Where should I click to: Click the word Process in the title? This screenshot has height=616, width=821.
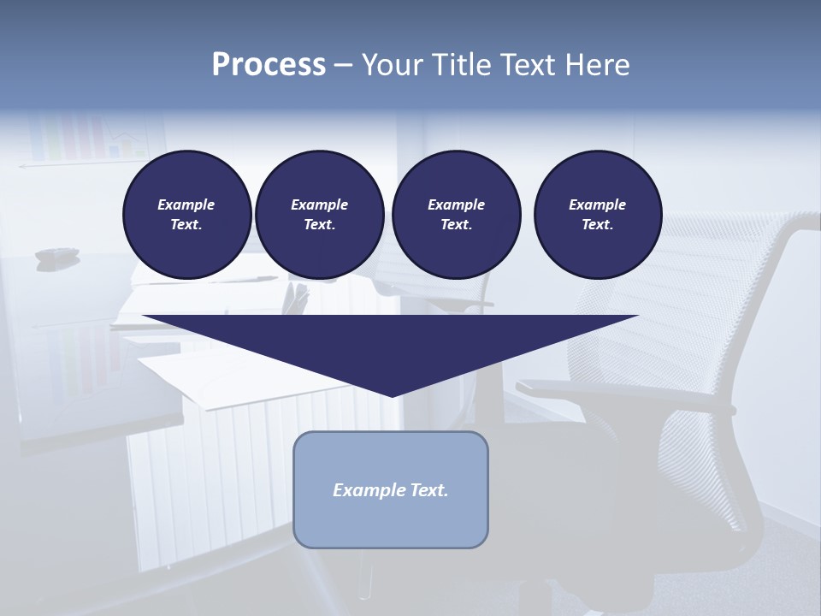tap(269, 65)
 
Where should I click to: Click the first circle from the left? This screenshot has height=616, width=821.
tap(186, 215)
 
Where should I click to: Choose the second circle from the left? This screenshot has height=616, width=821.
tap(319, 215)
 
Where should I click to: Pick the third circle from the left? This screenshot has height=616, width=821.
tap(456, 215)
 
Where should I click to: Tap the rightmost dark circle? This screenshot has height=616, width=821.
tap(597, 215)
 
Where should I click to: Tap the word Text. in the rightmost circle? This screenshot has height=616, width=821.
tap(597, 225)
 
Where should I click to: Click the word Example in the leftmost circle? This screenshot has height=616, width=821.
tap(186, 204)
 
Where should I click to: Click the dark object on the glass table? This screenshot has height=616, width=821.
tap(56, 254)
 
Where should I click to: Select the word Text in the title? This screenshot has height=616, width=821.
tap(523, 65)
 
